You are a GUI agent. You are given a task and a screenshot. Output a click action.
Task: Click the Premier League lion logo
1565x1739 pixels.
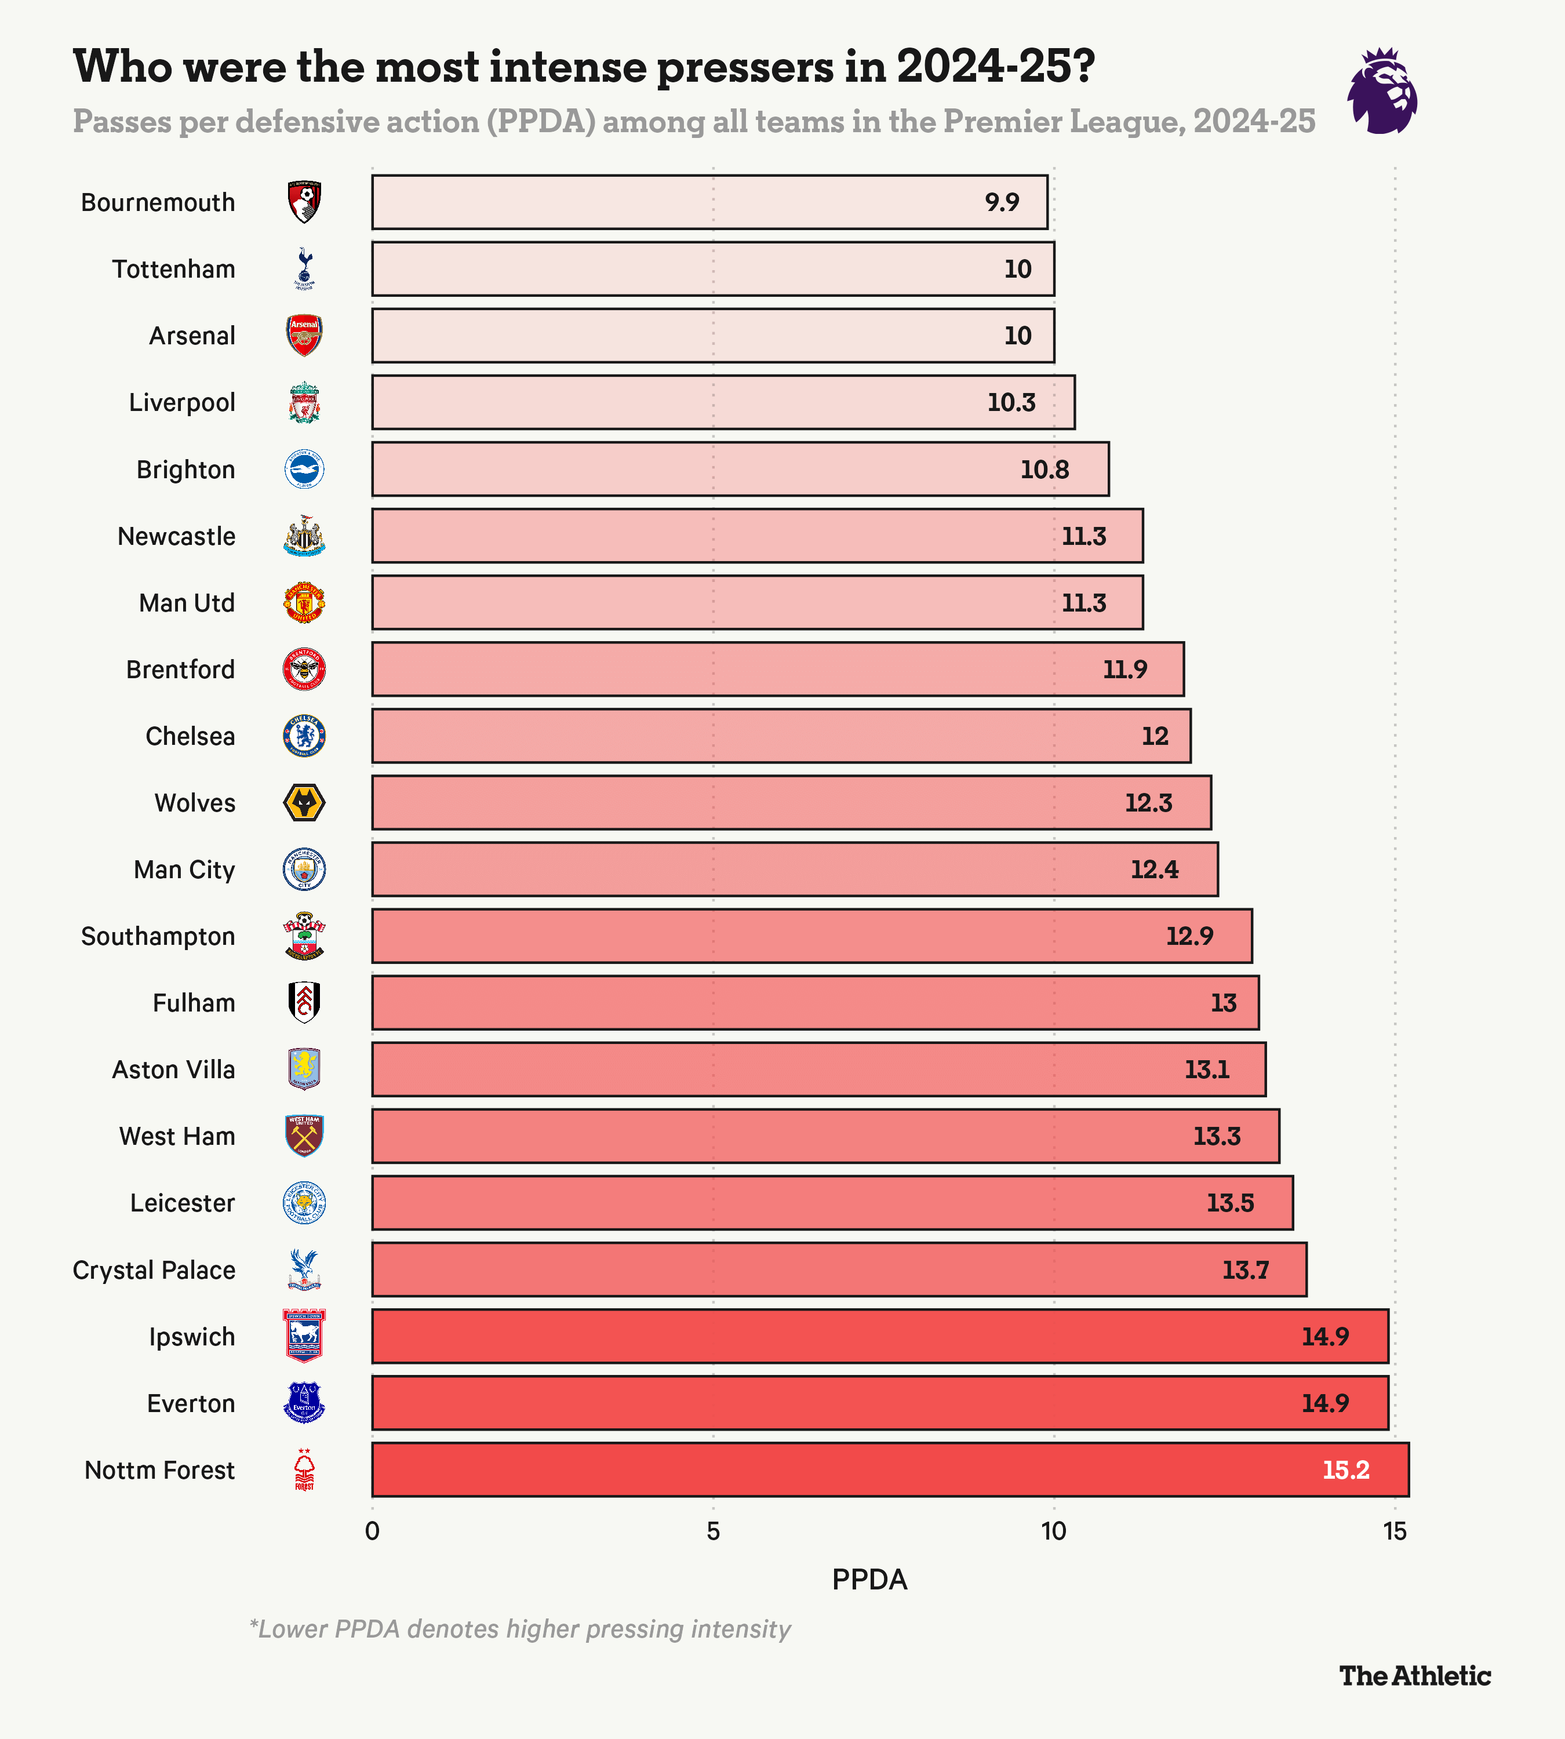coord(1382,91)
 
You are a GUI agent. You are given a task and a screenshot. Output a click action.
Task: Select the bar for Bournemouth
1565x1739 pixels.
coord(709,202)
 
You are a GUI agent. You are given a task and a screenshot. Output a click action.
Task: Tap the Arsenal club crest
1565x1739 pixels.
coord(304,336)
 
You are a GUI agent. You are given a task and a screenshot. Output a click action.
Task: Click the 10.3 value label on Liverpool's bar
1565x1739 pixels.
coord(1011,402)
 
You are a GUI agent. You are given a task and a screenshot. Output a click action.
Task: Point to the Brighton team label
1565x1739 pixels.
coord(185,470)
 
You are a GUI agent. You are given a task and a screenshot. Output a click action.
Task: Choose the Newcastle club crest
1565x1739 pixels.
coord(304,536)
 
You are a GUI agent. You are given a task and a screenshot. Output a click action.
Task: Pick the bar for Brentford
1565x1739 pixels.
coord(777,669)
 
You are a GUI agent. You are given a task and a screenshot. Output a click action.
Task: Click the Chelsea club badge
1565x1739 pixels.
coord(304,736)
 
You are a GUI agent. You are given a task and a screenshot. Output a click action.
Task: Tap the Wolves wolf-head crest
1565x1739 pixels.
coord(304,802)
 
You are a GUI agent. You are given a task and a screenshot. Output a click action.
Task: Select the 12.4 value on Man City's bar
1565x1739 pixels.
coord(1154,869)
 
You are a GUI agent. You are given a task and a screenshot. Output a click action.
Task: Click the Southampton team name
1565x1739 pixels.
coord(158,936)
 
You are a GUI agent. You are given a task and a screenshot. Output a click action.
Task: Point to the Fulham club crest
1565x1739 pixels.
coord(304,1003)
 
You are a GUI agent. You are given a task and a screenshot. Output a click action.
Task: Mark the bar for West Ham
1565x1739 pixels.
coord(825,1136)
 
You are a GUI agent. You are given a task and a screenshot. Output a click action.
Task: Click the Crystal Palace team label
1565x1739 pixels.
coord(154,1270)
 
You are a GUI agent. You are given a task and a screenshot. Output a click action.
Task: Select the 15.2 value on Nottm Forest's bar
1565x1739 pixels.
coord(1346,1470)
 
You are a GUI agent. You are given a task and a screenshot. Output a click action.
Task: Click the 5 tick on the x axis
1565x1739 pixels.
coord(713,1531)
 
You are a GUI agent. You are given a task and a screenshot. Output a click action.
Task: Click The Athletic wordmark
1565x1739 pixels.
coord(1414,1675)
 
